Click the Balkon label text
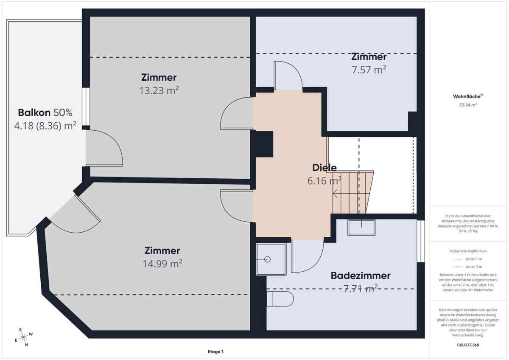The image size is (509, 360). tap(45, 112)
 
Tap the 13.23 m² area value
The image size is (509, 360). tap(159, 90)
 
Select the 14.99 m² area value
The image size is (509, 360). tap(162, 264)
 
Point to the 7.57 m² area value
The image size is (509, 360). tap(369, 70)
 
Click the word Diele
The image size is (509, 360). tap(324, 168)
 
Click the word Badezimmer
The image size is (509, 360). tap(361, 276)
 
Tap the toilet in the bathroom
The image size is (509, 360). tap(280, 299)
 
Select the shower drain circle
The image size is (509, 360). tap(268, 259)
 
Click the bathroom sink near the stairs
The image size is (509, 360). tap(361, 228)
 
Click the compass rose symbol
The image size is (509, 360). tap(23, 337)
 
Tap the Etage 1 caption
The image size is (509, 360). tap(215, 352)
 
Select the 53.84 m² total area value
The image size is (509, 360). tap(468, 105)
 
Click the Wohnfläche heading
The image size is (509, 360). tap(468, 96)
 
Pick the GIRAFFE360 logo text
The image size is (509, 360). tap(468, 345)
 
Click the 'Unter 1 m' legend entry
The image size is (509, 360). tap(468, 259)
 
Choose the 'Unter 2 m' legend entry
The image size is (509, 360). tap(468, 267)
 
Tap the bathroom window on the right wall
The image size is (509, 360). tap(421, 241)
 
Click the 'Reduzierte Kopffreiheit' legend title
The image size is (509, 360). tap(468, 251)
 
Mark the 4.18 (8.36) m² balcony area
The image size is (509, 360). tap(45, 126)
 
